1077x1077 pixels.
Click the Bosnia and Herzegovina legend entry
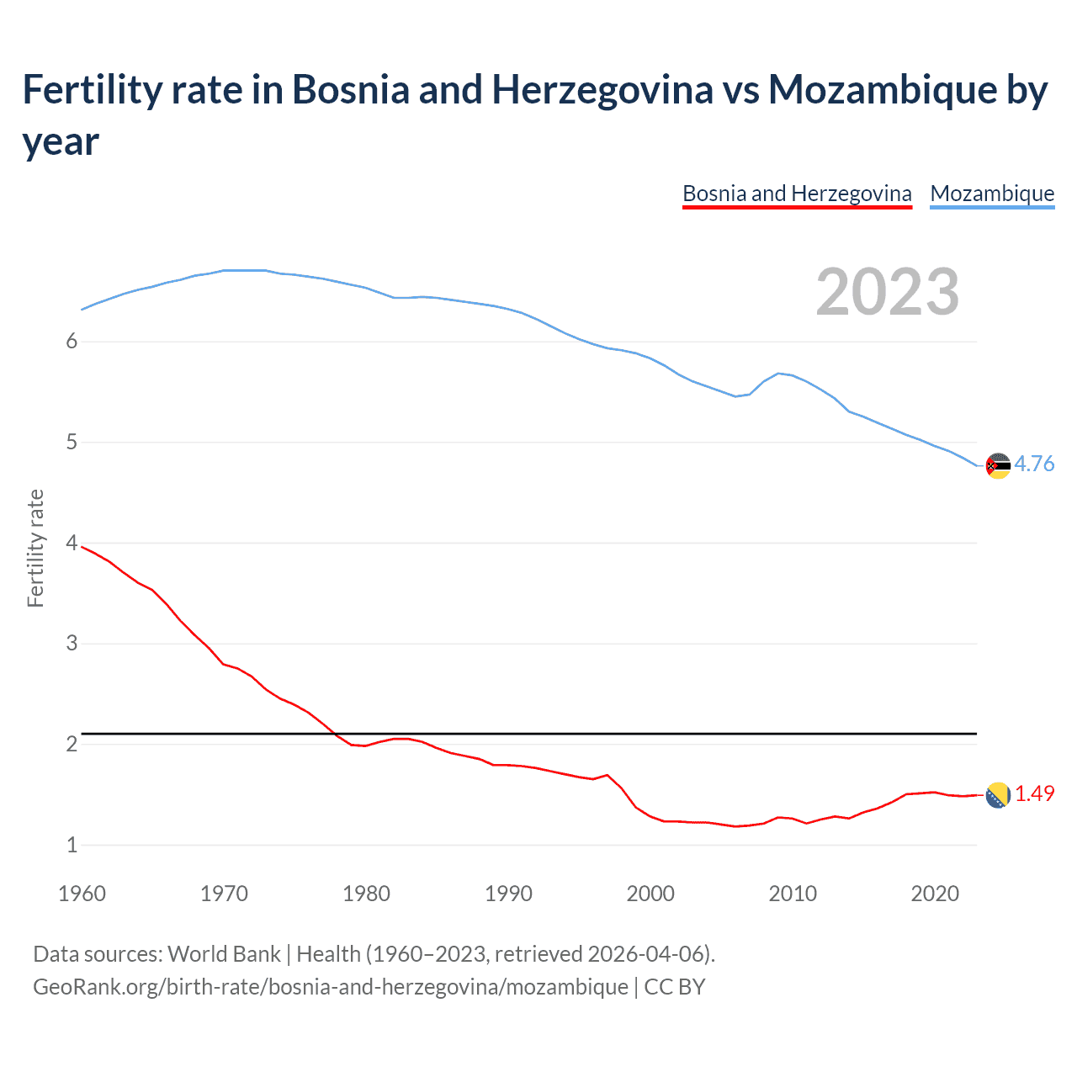(x=797, y=194)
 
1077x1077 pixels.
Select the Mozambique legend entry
(x=992, y=194)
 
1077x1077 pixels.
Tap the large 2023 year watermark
(x=887, y=291)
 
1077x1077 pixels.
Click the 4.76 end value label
(x=1034, y=464)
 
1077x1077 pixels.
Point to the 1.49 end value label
(x=1034, y=793)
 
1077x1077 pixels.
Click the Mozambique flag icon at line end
(x=998, y=465)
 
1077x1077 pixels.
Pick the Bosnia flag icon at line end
(x=998, y=795)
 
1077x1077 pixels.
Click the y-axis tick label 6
(x=72, y=342)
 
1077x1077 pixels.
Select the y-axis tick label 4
(x=72, y=543)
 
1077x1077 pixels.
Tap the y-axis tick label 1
(x=72, y=845)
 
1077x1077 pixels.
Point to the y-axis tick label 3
(x=72, y=644)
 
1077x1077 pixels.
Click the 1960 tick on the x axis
(x=82, y=894)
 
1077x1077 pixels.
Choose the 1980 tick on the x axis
(x=366, y=894)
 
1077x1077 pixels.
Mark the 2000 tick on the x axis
(x=650, y=894)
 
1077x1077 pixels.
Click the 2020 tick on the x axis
(x=935, y=894)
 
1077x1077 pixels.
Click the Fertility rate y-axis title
(x=35, y=548)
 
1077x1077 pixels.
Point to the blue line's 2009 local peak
(x=778, y=373)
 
